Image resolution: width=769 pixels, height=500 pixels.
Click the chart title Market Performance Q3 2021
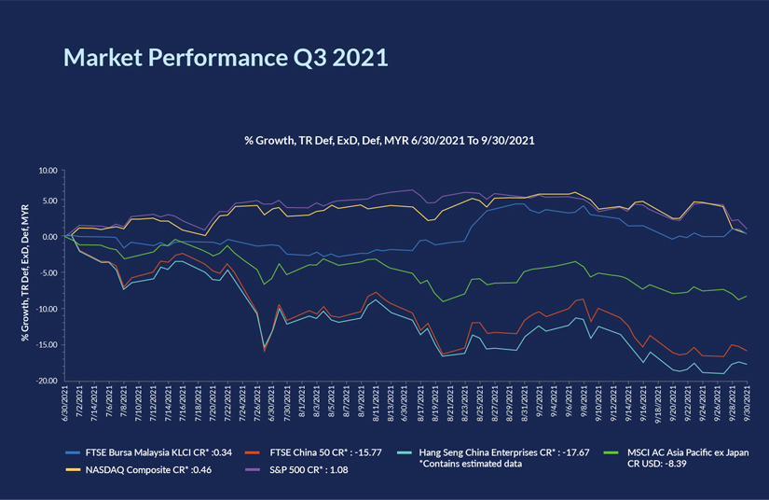(225, 57)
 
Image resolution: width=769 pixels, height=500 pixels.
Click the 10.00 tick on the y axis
(46, 172)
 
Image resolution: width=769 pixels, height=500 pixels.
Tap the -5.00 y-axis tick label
(47, 273)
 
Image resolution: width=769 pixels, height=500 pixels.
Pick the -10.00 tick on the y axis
(45, 310)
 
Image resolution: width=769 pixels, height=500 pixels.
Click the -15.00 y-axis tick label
(45, 345)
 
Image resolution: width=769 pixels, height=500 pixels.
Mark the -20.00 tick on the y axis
(45, 382)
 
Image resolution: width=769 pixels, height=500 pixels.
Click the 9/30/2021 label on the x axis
(747, 408)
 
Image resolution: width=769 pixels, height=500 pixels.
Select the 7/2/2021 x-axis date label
(82, 408)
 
